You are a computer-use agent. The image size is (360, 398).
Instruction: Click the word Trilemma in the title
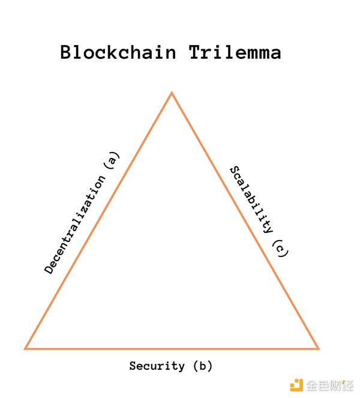[235, 52]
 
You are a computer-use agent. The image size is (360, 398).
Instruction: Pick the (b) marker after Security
[202, 366]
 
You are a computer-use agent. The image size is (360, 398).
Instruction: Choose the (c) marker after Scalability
[280, 249]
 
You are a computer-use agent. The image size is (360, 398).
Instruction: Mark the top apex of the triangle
[172, 93]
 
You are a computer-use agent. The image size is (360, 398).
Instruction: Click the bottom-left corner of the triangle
[26, 348]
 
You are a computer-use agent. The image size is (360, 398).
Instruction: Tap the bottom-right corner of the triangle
[318, 348]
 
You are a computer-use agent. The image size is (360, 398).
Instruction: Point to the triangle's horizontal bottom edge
[172, 348]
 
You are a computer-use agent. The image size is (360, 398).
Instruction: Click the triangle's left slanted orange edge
[99, 220]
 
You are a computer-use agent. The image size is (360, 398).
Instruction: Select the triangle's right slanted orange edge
[245, 220]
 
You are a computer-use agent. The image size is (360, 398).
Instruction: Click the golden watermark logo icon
[296, 385]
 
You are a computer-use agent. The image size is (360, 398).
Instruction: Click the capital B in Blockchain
[67, 52]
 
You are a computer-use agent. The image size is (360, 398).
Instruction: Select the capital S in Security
[133, 366]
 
